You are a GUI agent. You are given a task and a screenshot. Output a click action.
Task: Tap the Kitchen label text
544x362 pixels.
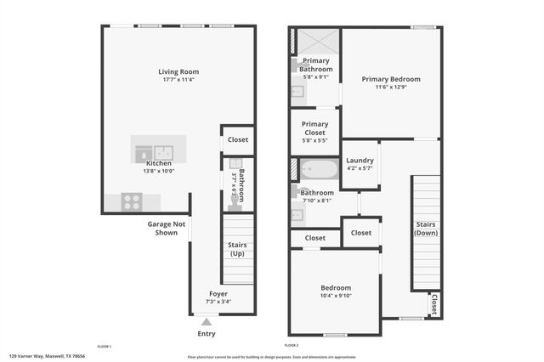[159, 163]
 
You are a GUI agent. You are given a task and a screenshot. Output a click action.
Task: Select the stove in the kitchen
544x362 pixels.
[132, 202]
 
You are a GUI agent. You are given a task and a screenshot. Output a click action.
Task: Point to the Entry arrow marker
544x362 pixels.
[205, 322]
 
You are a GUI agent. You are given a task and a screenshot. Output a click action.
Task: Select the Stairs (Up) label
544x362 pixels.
[238, 250]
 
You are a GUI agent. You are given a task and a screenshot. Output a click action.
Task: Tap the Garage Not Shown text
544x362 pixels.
[167, 229]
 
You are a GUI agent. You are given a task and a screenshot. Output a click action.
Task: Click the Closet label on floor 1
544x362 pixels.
[238, 139]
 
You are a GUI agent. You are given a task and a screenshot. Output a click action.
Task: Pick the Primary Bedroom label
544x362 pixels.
[391, 79]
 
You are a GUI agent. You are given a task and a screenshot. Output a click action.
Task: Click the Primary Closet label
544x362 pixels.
[315, 128]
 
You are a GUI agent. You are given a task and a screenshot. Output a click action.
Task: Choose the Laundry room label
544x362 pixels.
[360, 160]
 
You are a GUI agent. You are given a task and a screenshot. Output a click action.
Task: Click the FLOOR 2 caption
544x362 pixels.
[291, 346]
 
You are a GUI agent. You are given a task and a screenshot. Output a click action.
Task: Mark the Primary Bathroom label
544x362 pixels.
[315, 65]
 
